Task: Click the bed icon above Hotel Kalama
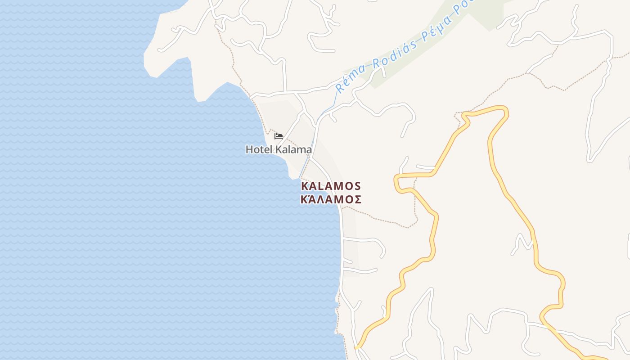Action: [279, 136]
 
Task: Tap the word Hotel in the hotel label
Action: [259, 149]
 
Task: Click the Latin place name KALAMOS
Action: [331, 186]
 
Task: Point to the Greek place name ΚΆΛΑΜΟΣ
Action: [331, 199]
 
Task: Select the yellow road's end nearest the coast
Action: [356, 347]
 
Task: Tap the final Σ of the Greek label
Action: [357, 199]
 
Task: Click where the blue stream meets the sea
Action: [300, 177]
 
